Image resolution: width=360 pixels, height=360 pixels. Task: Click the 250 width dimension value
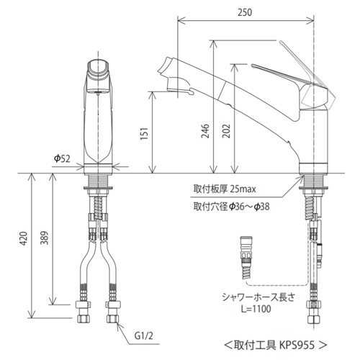tap(245, 12)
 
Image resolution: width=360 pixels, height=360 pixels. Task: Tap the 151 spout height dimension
tap(145, 133)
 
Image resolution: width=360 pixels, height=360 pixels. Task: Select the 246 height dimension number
tap(205, 131)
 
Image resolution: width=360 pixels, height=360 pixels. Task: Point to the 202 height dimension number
tap(226, 131)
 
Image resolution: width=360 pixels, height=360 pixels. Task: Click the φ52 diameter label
tap(62, 158)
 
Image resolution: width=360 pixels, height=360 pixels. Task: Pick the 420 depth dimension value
tap(23, 238)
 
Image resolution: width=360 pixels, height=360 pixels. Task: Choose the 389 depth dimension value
tap(44, 238)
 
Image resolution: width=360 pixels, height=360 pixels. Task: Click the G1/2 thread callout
tap(143, 336)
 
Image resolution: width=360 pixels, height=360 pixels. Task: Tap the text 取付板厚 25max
tap(225, 189)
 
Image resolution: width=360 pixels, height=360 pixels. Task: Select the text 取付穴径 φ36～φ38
tap(231, 207)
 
